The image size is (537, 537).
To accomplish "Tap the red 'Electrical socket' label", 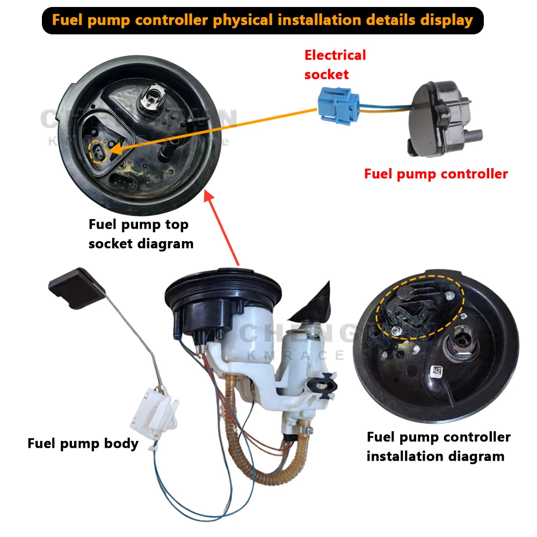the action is (335, 64).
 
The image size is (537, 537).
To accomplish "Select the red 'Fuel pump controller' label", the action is (436, 174).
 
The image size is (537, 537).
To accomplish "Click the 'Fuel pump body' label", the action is (83, 444).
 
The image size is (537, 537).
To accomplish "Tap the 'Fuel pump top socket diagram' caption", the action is (141, 234).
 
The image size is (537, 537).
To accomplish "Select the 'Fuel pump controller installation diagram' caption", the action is (438, 446).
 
